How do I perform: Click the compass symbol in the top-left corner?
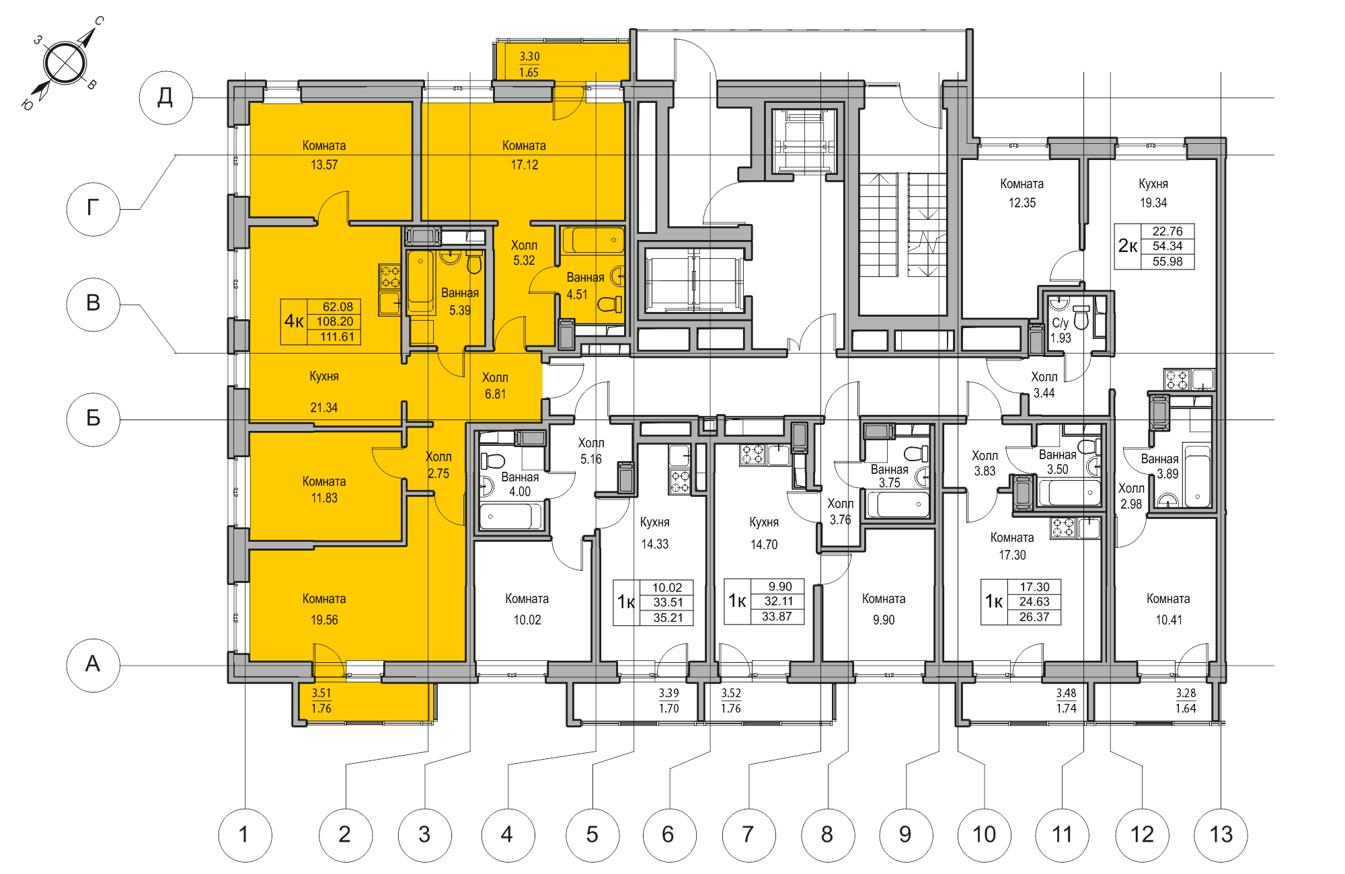click(65, 63)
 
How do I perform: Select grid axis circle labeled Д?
click(165, 97)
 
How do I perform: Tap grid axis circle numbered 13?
click(1220, 834)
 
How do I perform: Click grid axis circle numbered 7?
click(748, 834)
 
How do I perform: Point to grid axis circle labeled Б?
click(93, 418)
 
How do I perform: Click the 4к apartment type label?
click(294, 321)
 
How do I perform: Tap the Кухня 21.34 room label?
click(323, 391)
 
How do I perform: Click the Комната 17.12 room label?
click(524, 155)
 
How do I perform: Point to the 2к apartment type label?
click(1128, 246)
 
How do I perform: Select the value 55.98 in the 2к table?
click(1167, 262)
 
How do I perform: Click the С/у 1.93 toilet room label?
click(1061, 330)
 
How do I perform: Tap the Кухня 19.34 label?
click(1153, 193)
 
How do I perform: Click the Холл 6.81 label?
click(495, 385)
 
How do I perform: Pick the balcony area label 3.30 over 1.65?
click(529, 65)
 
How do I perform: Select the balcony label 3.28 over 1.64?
click(1186, 701)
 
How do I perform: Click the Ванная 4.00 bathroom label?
click(520, 484)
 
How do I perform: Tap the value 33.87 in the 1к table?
click(776, 617)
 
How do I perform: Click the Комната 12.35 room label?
click(1022, 193)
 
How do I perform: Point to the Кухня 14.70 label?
click(764, 533)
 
